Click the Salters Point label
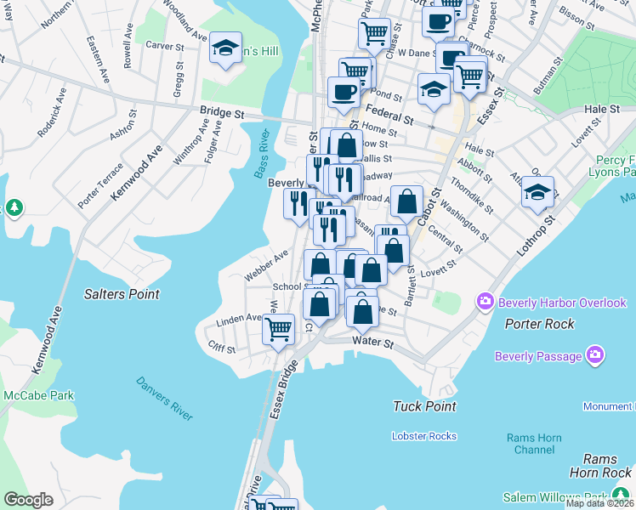click(122, 294)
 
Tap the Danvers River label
click(164, 399)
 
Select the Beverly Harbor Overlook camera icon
click(486, 302)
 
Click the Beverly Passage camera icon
click(595, 355)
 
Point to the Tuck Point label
click(425, 406)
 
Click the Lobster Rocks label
click(424, 436)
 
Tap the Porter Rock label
click(539, 324)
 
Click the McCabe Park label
click(37, 394)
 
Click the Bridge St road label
click(222, 112)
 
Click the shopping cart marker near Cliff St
click(278, 330)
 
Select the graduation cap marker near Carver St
click(226, 48)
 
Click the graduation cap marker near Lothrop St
click(537, 192)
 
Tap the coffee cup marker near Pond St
click(344, 92)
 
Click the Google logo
click(28, 500)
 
